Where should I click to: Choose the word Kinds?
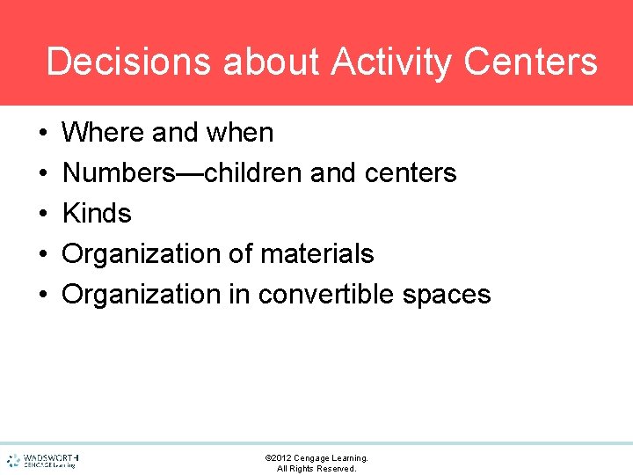coord(97,214)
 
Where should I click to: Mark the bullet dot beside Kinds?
coord(43,214)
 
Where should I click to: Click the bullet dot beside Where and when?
coord(43,133)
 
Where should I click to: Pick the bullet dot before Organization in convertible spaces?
coord(43,295)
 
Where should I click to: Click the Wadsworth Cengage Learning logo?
coord(42,460)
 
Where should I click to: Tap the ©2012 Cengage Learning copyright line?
coord(316,458)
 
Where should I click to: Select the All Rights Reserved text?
coord(316,469)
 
